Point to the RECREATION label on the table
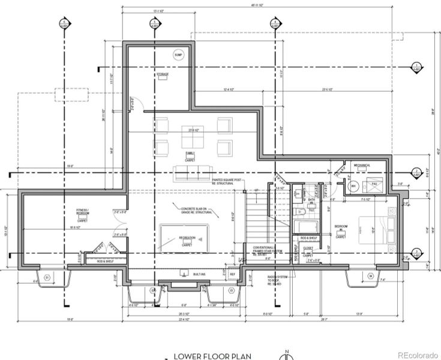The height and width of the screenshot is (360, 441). click(187, 238)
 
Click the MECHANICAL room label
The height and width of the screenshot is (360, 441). click(362, 165)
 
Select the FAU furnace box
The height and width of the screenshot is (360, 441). click(374, 185)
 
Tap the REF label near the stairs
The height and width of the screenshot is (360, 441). click(233, 274)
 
